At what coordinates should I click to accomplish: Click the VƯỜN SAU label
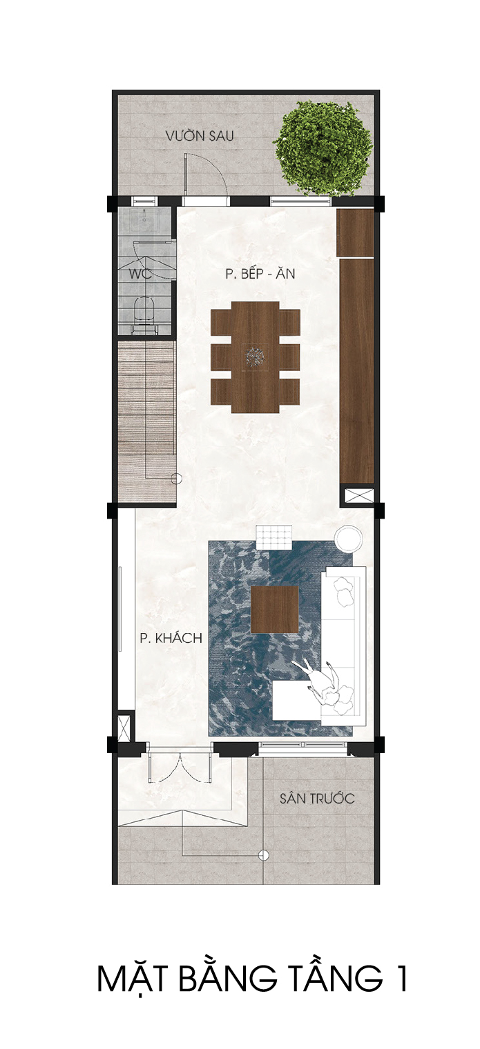(x=199, y=136)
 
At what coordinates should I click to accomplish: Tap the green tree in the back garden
(x=323, y=148)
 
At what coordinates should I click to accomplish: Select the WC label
(x=140, y=274)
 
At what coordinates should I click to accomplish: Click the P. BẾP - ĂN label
(x=260, y=274)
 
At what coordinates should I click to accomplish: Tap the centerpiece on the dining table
(x=255, y=358)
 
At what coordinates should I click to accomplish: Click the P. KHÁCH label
(x=171, y=638)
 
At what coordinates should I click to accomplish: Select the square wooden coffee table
(x=275, y=609)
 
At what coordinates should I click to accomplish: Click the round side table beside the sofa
(x=348, y=539)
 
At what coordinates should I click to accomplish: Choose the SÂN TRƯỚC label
(x=317, y=799)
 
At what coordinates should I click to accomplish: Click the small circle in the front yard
(x=264, y=856)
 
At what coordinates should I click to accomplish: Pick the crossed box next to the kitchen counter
(x=359, y=495)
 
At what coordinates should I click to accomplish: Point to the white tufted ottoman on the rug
(x=273, y=537)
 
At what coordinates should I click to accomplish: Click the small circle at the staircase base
(x=176, y=479)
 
